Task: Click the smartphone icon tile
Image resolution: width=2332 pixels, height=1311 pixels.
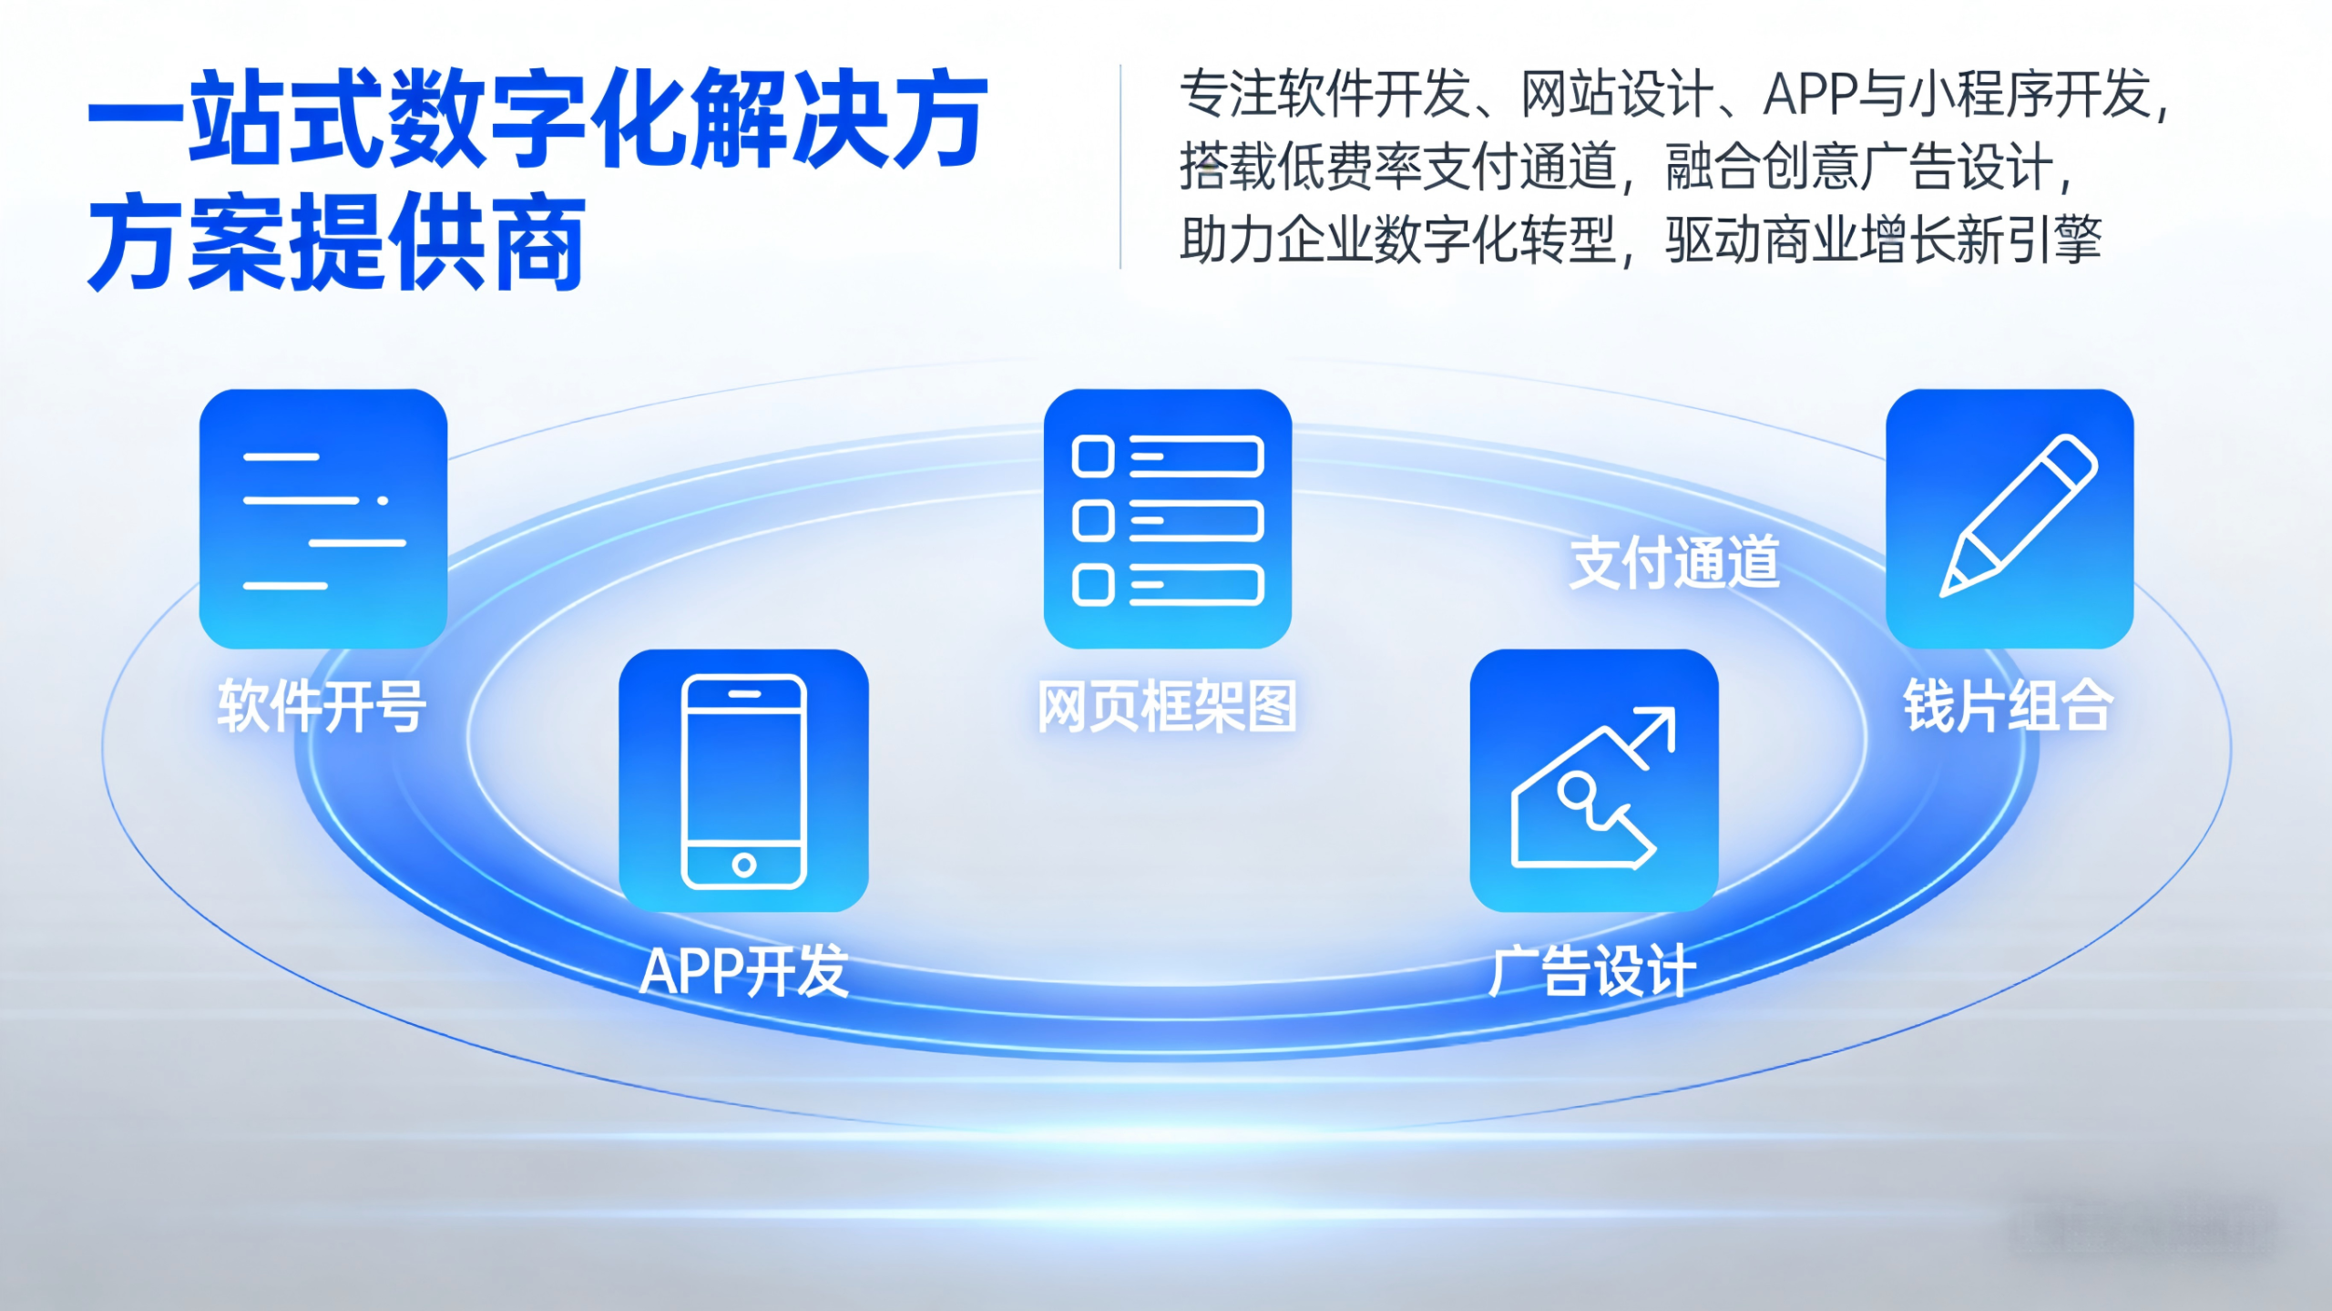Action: [743, 780]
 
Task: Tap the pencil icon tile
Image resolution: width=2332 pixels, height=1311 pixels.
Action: [2010, 518]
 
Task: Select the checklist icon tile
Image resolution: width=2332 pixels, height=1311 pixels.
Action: [1168, 518]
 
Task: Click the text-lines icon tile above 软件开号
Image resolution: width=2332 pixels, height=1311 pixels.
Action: [323, 518]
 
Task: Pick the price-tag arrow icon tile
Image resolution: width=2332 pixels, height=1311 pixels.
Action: [1594, 780]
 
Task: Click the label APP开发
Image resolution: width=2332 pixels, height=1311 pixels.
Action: [744, 971]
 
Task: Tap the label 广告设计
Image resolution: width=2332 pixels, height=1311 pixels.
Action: [1592, 971]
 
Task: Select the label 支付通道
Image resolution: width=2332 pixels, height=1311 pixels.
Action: [1674, 562]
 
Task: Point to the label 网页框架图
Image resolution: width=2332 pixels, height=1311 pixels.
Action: [1167, 706]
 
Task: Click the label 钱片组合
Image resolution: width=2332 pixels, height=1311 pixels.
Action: [2009, 706]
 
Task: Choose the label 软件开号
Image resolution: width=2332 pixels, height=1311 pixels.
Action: [322, 706]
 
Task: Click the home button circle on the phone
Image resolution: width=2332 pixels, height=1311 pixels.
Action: [744, 865]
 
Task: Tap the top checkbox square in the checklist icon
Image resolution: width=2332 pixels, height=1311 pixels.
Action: [1093, 456]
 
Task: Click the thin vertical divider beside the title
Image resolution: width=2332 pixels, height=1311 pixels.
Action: [1120, 167]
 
